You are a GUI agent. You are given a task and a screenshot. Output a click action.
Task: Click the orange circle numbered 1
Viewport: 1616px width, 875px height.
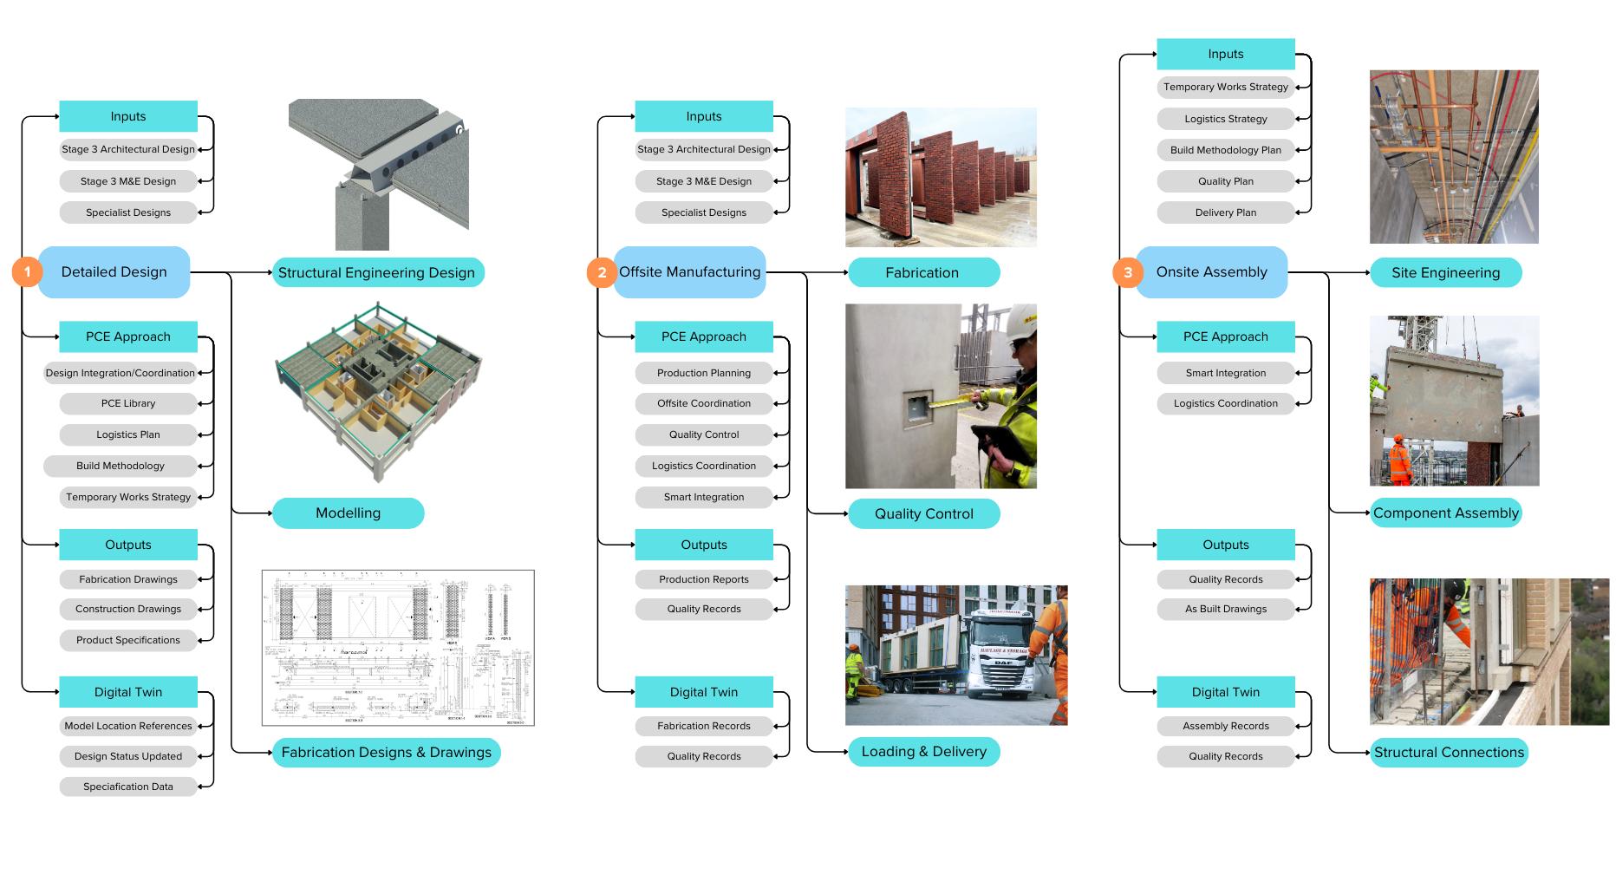27,272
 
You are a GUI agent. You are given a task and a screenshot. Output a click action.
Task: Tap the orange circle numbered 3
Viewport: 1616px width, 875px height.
1127,272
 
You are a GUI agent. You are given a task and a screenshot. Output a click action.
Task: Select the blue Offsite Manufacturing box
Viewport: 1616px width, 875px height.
690,272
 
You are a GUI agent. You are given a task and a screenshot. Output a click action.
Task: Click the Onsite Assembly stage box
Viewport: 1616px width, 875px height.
1211,272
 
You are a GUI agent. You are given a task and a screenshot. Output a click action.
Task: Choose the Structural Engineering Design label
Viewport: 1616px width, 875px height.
377,272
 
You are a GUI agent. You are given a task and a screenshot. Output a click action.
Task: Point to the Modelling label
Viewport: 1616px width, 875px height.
348,513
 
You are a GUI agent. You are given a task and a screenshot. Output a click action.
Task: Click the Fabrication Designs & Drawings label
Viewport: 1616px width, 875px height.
386,753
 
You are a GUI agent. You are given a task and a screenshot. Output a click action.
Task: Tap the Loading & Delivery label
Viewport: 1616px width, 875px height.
923,752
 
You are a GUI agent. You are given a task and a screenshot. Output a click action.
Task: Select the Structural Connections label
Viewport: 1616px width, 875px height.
1448,753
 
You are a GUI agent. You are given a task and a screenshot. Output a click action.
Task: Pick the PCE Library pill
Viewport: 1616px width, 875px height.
128,403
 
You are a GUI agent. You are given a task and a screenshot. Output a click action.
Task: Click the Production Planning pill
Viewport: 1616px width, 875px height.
704,373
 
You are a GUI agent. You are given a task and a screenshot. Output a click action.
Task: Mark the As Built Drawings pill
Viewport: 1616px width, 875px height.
1225,609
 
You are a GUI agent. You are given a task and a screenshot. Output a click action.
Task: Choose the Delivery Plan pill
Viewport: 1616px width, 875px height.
1225,212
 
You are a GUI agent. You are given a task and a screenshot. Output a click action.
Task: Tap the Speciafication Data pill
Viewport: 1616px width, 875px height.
128,787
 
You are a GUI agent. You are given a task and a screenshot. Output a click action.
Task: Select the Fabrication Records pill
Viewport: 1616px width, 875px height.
704,726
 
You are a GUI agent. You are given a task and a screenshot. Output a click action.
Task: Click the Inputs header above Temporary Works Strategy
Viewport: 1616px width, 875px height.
1225,54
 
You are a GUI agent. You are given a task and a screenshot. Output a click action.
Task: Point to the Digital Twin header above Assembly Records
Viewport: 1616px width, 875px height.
1225,692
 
